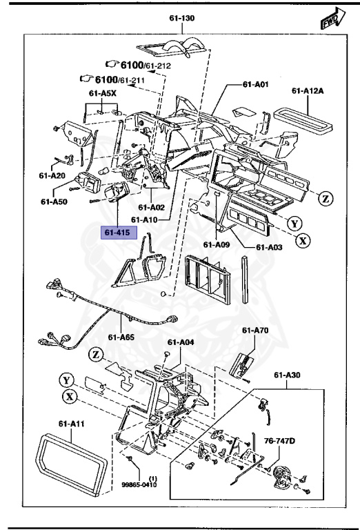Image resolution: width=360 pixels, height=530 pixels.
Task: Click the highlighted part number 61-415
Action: click(117, 233)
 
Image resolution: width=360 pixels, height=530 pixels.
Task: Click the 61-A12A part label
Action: click(308, 90)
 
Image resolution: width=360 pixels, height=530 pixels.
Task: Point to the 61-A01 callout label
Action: click(255, 85)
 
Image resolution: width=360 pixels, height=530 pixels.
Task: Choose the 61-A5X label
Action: click(102, 92)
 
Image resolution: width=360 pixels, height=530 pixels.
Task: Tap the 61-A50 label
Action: click(53, 202)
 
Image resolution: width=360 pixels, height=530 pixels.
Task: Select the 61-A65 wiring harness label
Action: click(121, 337)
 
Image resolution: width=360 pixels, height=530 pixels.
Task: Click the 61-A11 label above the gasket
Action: click(72, 424)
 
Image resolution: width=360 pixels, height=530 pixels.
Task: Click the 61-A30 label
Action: click(288, 375)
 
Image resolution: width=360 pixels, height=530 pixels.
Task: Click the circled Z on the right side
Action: click(326, 199)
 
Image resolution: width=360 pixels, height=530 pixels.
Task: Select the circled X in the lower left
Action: click(68, 396)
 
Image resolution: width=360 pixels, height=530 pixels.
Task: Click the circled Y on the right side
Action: click(294, 223)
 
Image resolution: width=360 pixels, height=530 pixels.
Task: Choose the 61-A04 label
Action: click(181, 342)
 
